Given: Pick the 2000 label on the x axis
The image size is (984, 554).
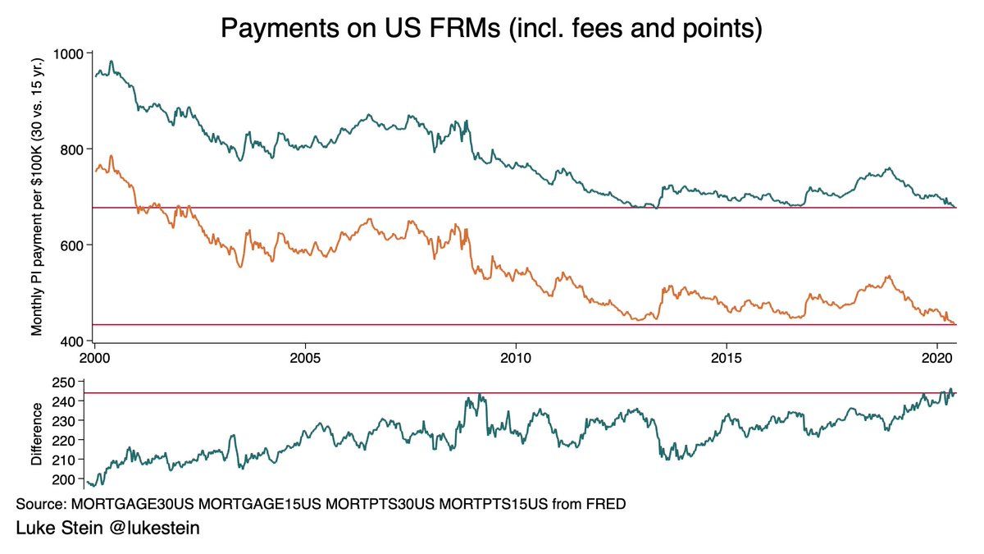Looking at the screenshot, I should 95,359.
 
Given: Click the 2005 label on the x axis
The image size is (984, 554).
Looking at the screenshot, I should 305,359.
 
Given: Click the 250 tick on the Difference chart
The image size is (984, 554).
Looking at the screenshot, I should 75,382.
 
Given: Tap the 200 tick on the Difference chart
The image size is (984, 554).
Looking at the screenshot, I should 75,478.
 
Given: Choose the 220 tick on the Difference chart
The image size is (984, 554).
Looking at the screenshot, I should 75,440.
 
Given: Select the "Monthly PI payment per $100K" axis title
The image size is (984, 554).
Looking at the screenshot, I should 38,197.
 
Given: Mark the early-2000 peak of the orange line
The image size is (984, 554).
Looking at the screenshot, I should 111,156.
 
